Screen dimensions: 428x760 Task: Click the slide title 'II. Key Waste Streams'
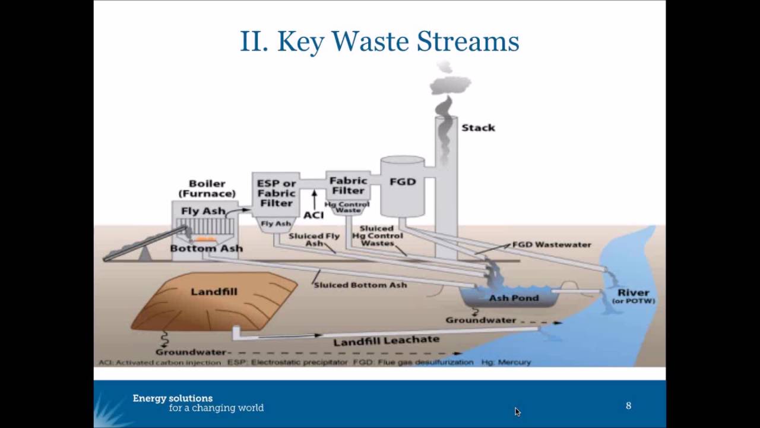coord(379,42)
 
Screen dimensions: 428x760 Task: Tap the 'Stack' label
coord(478,128)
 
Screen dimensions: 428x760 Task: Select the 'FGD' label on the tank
coord(402,181)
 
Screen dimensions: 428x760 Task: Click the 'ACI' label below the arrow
coord(313,215)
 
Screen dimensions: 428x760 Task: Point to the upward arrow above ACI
coord(314,199)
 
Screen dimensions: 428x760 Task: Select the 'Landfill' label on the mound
coord(214,291)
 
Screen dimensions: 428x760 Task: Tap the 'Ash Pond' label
coord(514,298)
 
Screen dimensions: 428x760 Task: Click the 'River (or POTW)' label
coord(633,296)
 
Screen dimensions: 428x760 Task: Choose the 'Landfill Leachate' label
coord(386,341)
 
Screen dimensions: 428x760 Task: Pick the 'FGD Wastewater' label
coord(552,244)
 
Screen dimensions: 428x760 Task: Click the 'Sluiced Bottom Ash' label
coord(360,285)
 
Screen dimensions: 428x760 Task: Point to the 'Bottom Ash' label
coord(206,248)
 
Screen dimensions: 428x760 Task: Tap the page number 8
coord(628,405)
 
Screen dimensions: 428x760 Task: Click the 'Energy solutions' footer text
coord(173,398)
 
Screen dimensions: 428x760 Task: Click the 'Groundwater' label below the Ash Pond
coord(480,320)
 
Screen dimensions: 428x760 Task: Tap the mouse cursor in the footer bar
coord(517,411)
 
